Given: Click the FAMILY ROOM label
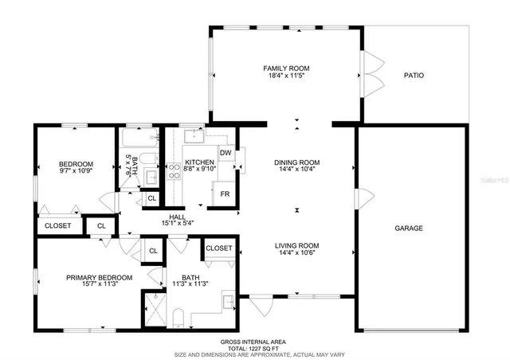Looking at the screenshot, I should click(x=286, y=68).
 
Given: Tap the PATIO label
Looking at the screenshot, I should click(x=413, y=76).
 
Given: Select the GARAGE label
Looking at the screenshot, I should click(x=409, y=228).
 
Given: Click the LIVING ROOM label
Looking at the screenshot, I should click(x=297, y=245).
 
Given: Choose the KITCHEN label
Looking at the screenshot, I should click(x=198, y=161).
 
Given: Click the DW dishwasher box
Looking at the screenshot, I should click(x=226, y=152).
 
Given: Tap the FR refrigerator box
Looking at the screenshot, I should click(x=225, y=194).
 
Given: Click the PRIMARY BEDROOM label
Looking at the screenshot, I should click(x=99, y=277).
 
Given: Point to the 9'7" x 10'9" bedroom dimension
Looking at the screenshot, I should click(x=76, y=170).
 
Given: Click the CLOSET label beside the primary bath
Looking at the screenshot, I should click(x=219, y=248).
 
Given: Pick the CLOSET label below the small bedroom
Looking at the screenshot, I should click(x=58, y=226).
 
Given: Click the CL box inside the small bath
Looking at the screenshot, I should click(x=151, y=198).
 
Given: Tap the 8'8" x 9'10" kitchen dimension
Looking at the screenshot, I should click(x=198, y=168).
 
